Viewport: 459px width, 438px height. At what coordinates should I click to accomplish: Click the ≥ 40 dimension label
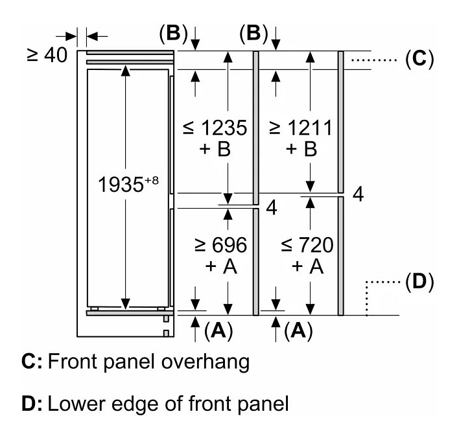click(x=47, y=55)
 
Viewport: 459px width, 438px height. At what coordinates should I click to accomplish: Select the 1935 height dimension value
click(x=121, y=185)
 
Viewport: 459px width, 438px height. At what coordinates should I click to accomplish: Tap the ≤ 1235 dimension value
click(x=215, y=128)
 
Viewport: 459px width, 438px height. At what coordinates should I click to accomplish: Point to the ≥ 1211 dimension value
click(x=301, y=128)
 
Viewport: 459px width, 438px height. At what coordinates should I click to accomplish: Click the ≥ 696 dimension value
click(x=220, y=245)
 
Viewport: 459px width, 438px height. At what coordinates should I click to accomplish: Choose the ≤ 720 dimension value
click(x=307, y=245)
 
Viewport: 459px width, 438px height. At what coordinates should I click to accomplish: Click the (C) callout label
click(x=419, y=60)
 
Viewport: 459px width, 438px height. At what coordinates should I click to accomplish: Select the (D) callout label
click(x=419, y=282)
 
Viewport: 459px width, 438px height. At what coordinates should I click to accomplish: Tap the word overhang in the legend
click(x=206, y=362)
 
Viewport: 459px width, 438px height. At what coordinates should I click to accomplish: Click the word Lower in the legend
click(x=76, y=404)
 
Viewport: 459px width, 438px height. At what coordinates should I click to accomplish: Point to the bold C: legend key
click(x=32, y=362)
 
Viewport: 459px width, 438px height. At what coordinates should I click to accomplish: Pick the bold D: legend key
click(x=32, y=404)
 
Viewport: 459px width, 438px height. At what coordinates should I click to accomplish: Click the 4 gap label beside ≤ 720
click(x=358, y=194)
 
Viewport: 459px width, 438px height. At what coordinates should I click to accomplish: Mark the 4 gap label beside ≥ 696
click(x=272, y=208)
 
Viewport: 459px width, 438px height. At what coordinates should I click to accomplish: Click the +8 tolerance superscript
click(x=151, y=180)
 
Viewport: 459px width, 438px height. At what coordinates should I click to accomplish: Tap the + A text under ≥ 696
click(x=221, y=266)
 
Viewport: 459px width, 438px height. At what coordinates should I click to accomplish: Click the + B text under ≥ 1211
click(x=301, y=149)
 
